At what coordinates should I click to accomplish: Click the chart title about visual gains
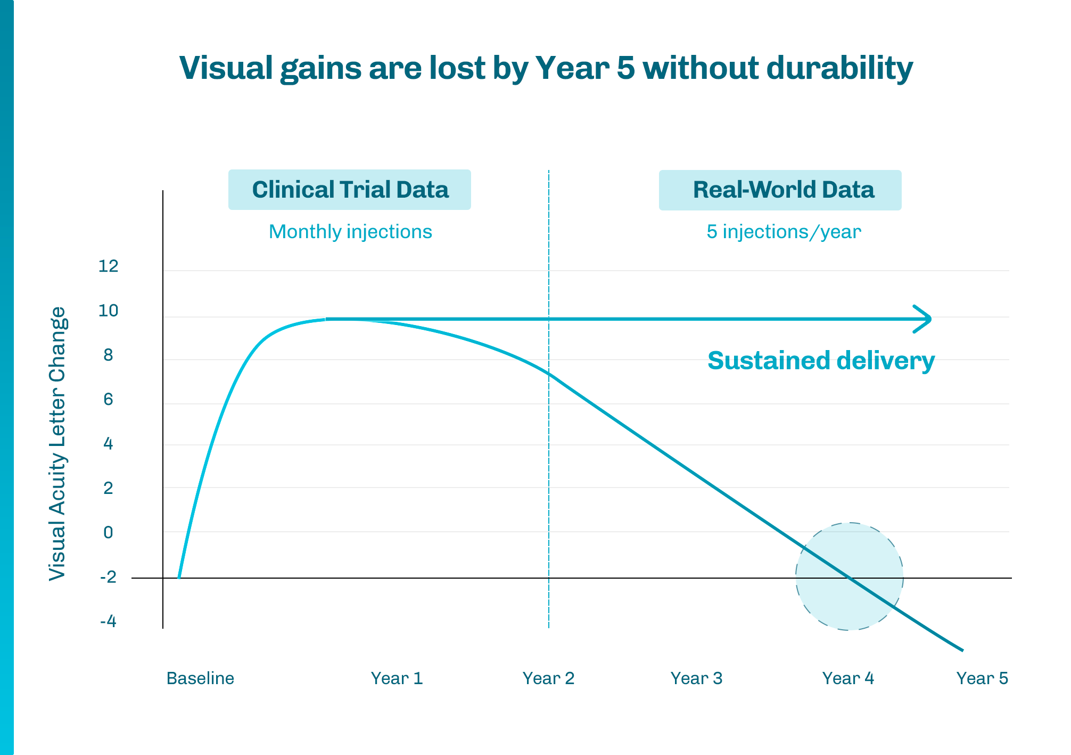(x=546, y=69)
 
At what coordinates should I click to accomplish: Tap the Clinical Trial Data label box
(x=350, y=190)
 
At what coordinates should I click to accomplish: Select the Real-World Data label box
(x=780, y=190)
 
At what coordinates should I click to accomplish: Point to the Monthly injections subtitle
(x=350, y=232)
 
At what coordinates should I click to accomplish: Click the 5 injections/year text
(x=784, y=232)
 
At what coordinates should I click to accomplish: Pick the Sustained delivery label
(x=821, y=361)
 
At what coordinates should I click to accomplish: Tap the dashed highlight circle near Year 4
(x=850, y=577)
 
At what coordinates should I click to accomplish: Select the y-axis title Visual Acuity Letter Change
(x=57, y=443)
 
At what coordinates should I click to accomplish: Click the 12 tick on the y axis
(x=109, y=266)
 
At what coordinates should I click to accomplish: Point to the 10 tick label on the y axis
(x=109, y=311)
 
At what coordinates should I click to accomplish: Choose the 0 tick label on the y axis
(x=109, y=532)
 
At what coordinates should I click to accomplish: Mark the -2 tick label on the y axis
(x=108, y=577)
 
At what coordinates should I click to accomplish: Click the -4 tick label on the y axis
(x=108, y=621)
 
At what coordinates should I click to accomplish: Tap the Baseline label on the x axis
(x=200, y=678)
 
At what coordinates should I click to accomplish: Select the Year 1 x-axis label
(x=397, y=678)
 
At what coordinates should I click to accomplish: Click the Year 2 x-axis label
(x=548, y=678)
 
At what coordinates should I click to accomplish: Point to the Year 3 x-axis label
(x=696, y=678)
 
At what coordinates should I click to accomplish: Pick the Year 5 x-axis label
(x=982, y=678)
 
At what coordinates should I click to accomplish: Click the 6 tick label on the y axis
(x=109, y=399)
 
